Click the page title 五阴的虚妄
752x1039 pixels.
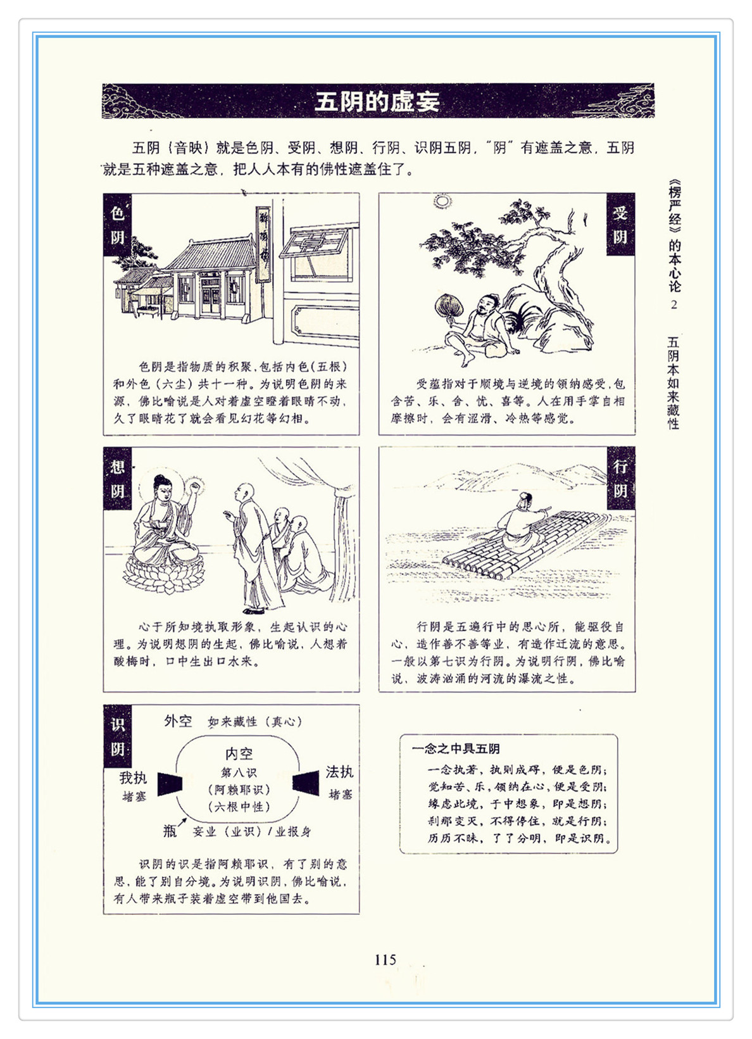(377, 101)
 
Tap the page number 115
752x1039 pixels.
(385, 959)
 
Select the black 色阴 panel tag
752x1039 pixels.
(117, 225)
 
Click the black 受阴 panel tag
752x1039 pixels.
(620, 225)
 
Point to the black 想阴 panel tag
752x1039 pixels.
(117, 479)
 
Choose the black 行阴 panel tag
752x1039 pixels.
(621, 478)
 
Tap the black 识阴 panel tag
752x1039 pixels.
(117, 736)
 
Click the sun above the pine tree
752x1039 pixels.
(442, 201)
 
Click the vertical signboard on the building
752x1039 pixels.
(263, 244)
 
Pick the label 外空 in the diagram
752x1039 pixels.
(178, 721)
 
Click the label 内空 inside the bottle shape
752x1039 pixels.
(239, 753)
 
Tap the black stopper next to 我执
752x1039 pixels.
(170, 784)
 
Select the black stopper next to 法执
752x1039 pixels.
(306, 783)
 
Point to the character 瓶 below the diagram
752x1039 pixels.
(170, 830)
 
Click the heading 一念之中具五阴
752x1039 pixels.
(456, 748)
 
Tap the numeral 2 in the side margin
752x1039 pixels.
(674, 305)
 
